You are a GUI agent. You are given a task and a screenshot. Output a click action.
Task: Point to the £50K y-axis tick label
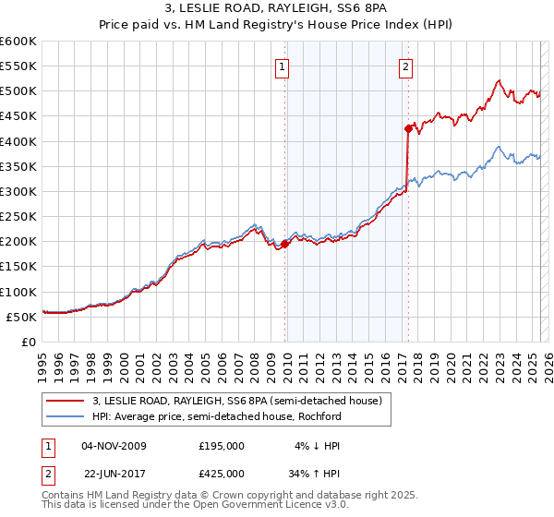point(21,317)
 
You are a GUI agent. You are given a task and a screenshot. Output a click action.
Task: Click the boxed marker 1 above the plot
point(282,66)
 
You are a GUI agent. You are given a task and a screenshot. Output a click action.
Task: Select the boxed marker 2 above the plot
point(406,66)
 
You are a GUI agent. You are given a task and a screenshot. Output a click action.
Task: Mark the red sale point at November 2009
point(284,244)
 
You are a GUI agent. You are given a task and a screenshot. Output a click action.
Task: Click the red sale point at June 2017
point(408,128)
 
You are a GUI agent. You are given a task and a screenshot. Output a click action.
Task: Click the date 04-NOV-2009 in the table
point(114,446)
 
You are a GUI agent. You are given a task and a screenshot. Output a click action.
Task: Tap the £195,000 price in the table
point(222,446)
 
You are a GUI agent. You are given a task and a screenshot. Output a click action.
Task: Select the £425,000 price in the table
point(222,475)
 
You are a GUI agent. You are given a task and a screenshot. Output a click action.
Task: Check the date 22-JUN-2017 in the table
point(114,475)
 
